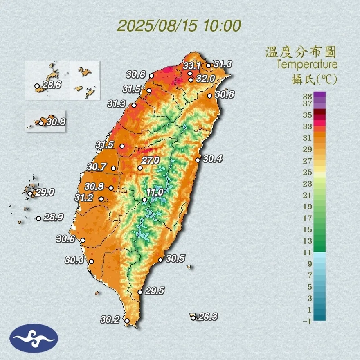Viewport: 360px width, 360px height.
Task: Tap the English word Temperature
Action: tap(307, 65)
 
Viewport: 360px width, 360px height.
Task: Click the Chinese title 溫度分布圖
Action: tap(301, 52)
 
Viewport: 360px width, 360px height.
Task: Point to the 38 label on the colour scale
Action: tap(307, 96)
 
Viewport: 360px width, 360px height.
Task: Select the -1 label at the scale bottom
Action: tap(307, 321)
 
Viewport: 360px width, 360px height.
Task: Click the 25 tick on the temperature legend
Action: tap(307, 172)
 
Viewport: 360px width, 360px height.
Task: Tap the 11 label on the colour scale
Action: tap(307, 252)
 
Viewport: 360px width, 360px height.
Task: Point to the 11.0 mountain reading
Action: tap(155, 192)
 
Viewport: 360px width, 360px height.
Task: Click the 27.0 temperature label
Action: tap(150, 161)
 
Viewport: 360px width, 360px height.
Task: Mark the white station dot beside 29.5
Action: tap(140, 292)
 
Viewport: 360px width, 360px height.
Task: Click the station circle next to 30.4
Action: tap(198, 160)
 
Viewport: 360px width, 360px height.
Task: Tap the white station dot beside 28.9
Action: tap(38, 218)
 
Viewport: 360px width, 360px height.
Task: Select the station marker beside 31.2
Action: tap(101, 199)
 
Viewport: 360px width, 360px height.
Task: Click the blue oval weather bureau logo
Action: tap(34, 338)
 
